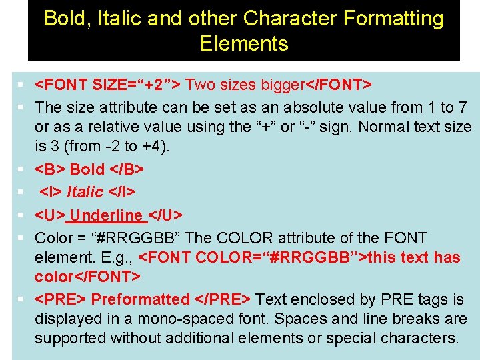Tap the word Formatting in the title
pos(393,18)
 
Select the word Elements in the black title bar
pos(244,44)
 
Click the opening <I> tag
pos(51,192)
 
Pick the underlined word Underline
pos(107,215)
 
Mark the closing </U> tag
pos(165,215)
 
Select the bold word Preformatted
pos(141,299)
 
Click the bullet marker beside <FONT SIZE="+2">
pos(22,85)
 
